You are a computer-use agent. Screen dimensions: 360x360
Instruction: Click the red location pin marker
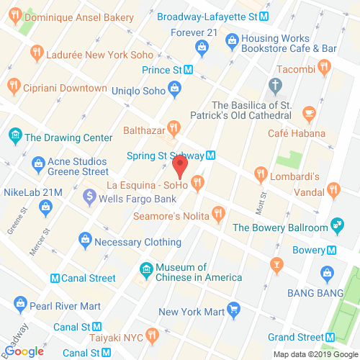click(180, 167)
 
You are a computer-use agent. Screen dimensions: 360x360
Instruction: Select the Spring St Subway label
click(165, 155)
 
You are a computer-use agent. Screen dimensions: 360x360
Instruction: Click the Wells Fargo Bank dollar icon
click(89, 195)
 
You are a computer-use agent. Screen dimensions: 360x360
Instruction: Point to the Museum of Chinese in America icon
click(145, 270)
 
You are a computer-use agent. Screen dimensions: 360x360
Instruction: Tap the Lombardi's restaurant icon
click(261, 174)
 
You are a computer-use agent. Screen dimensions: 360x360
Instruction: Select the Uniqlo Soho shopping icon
click(174, 89)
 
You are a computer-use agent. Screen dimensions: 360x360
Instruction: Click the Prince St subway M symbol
click(189, 70)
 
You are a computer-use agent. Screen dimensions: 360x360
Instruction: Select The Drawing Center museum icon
click(14, 135)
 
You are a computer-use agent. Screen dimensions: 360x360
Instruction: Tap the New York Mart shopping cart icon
click(233, 310)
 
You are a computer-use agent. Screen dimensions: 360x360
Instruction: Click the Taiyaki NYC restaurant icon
click(151, 336)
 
